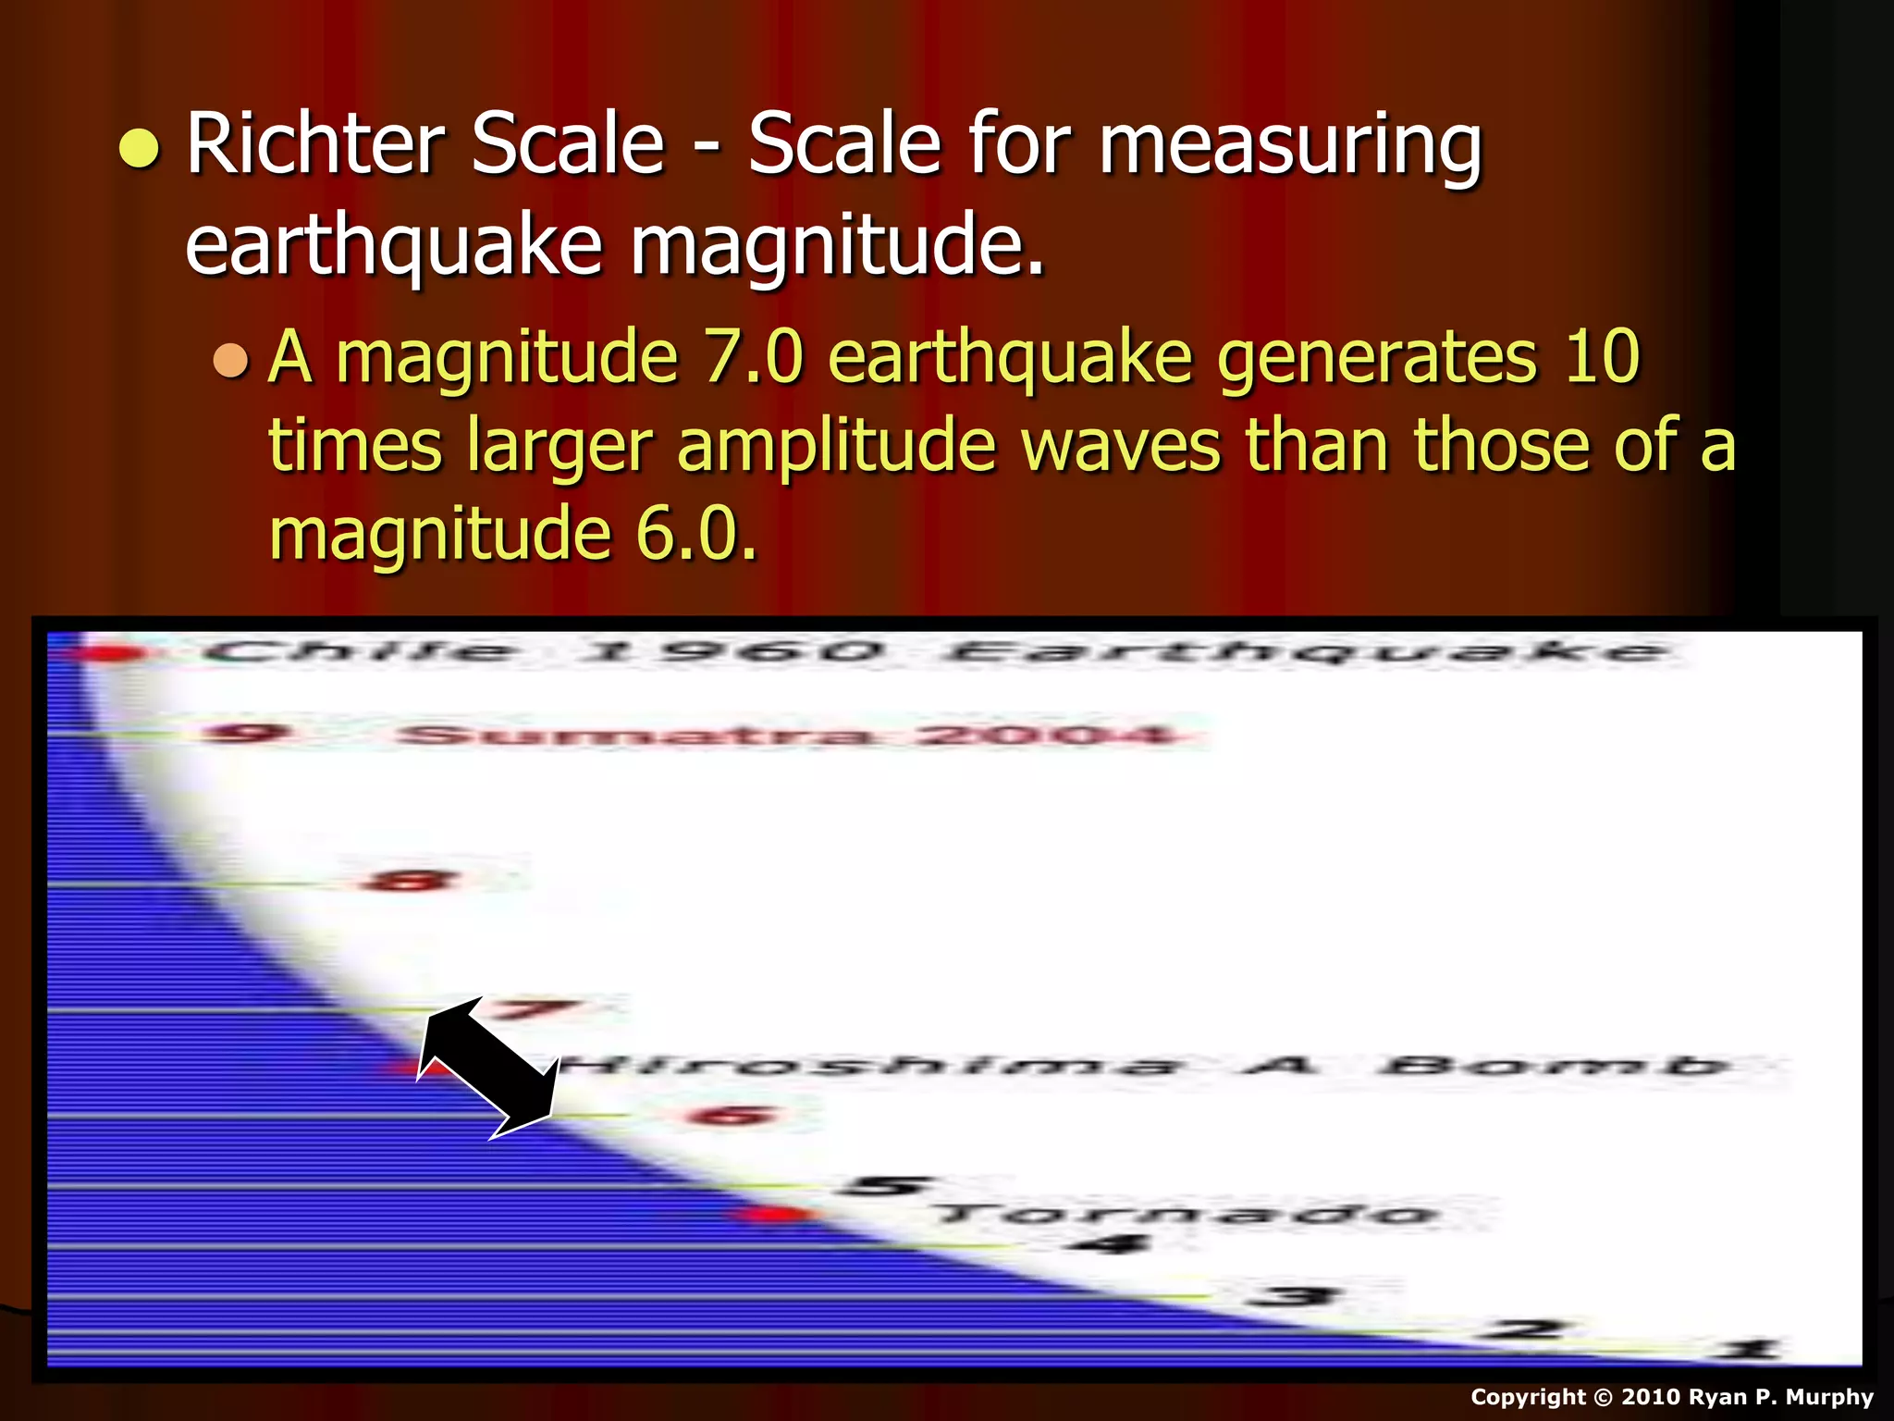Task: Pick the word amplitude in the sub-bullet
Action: click(x=837, y=446)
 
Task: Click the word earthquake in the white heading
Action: click(x=394, y=244)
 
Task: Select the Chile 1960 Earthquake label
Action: click(x=934, y=652)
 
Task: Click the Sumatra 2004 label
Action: click(x=787, y=735)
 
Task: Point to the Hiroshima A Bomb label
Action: click(x=1147, y=1067)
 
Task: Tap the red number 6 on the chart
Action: click(x=731, y=1116)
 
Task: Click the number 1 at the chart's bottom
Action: click(x=1747, y=1350)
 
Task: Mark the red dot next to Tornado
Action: click(x=772, y=1214)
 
